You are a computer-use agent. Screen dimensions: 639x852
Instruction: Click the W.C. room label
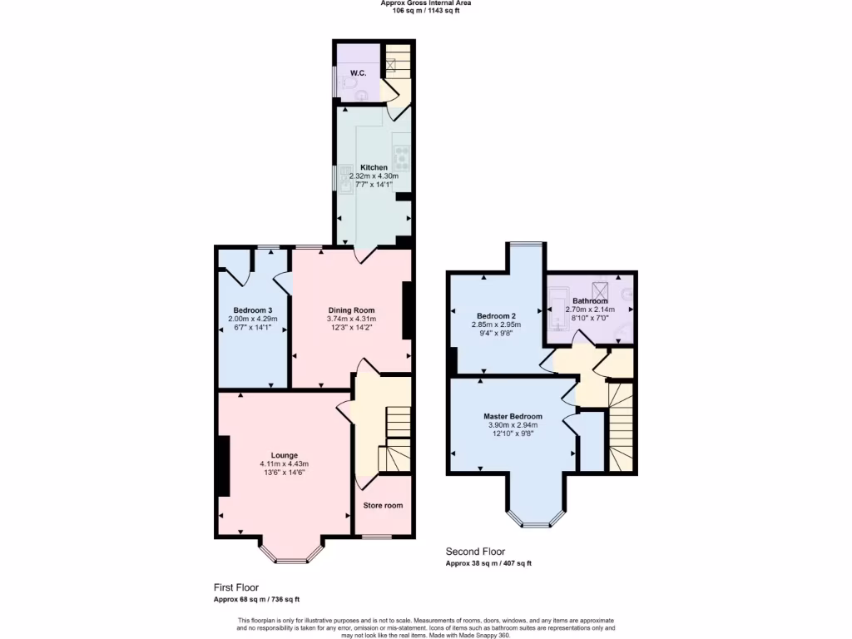tap(358, 73)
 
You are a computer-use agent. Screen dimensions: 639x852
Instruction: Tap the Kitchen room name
tap(374, 167)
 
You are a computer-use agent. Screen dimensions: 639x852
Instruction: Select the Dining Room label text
tap(351, 310)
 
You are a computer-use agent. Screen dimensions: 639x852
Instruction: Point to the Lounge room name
tap(284, 455)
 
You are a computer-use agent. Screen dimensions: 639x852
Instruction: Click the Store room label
tap(383, 505)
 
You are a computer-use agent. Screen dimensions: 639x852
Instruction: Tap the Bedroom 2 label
tap(496, 315)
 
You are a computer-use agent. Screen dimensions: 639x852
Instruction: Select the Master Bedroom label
tap(513, 416)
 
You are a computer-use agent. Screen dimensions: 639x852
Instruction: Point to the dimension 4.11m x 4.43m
tap(284, 464)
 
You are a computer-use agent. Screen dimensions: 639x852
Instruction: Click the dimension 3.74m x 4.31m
tap(351, 319)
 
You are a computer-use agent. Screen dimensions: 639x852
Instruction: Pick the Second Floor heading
tap(475, 552)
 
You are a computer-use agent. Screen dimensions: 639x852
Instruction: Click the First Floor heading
tap(235, 587)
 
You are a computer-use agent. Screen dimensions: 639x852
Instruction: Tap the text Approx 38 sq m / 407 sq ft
tap(488, 563)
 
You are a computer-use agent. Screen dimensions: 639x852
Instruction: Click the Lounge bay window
tap(290, 555)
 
